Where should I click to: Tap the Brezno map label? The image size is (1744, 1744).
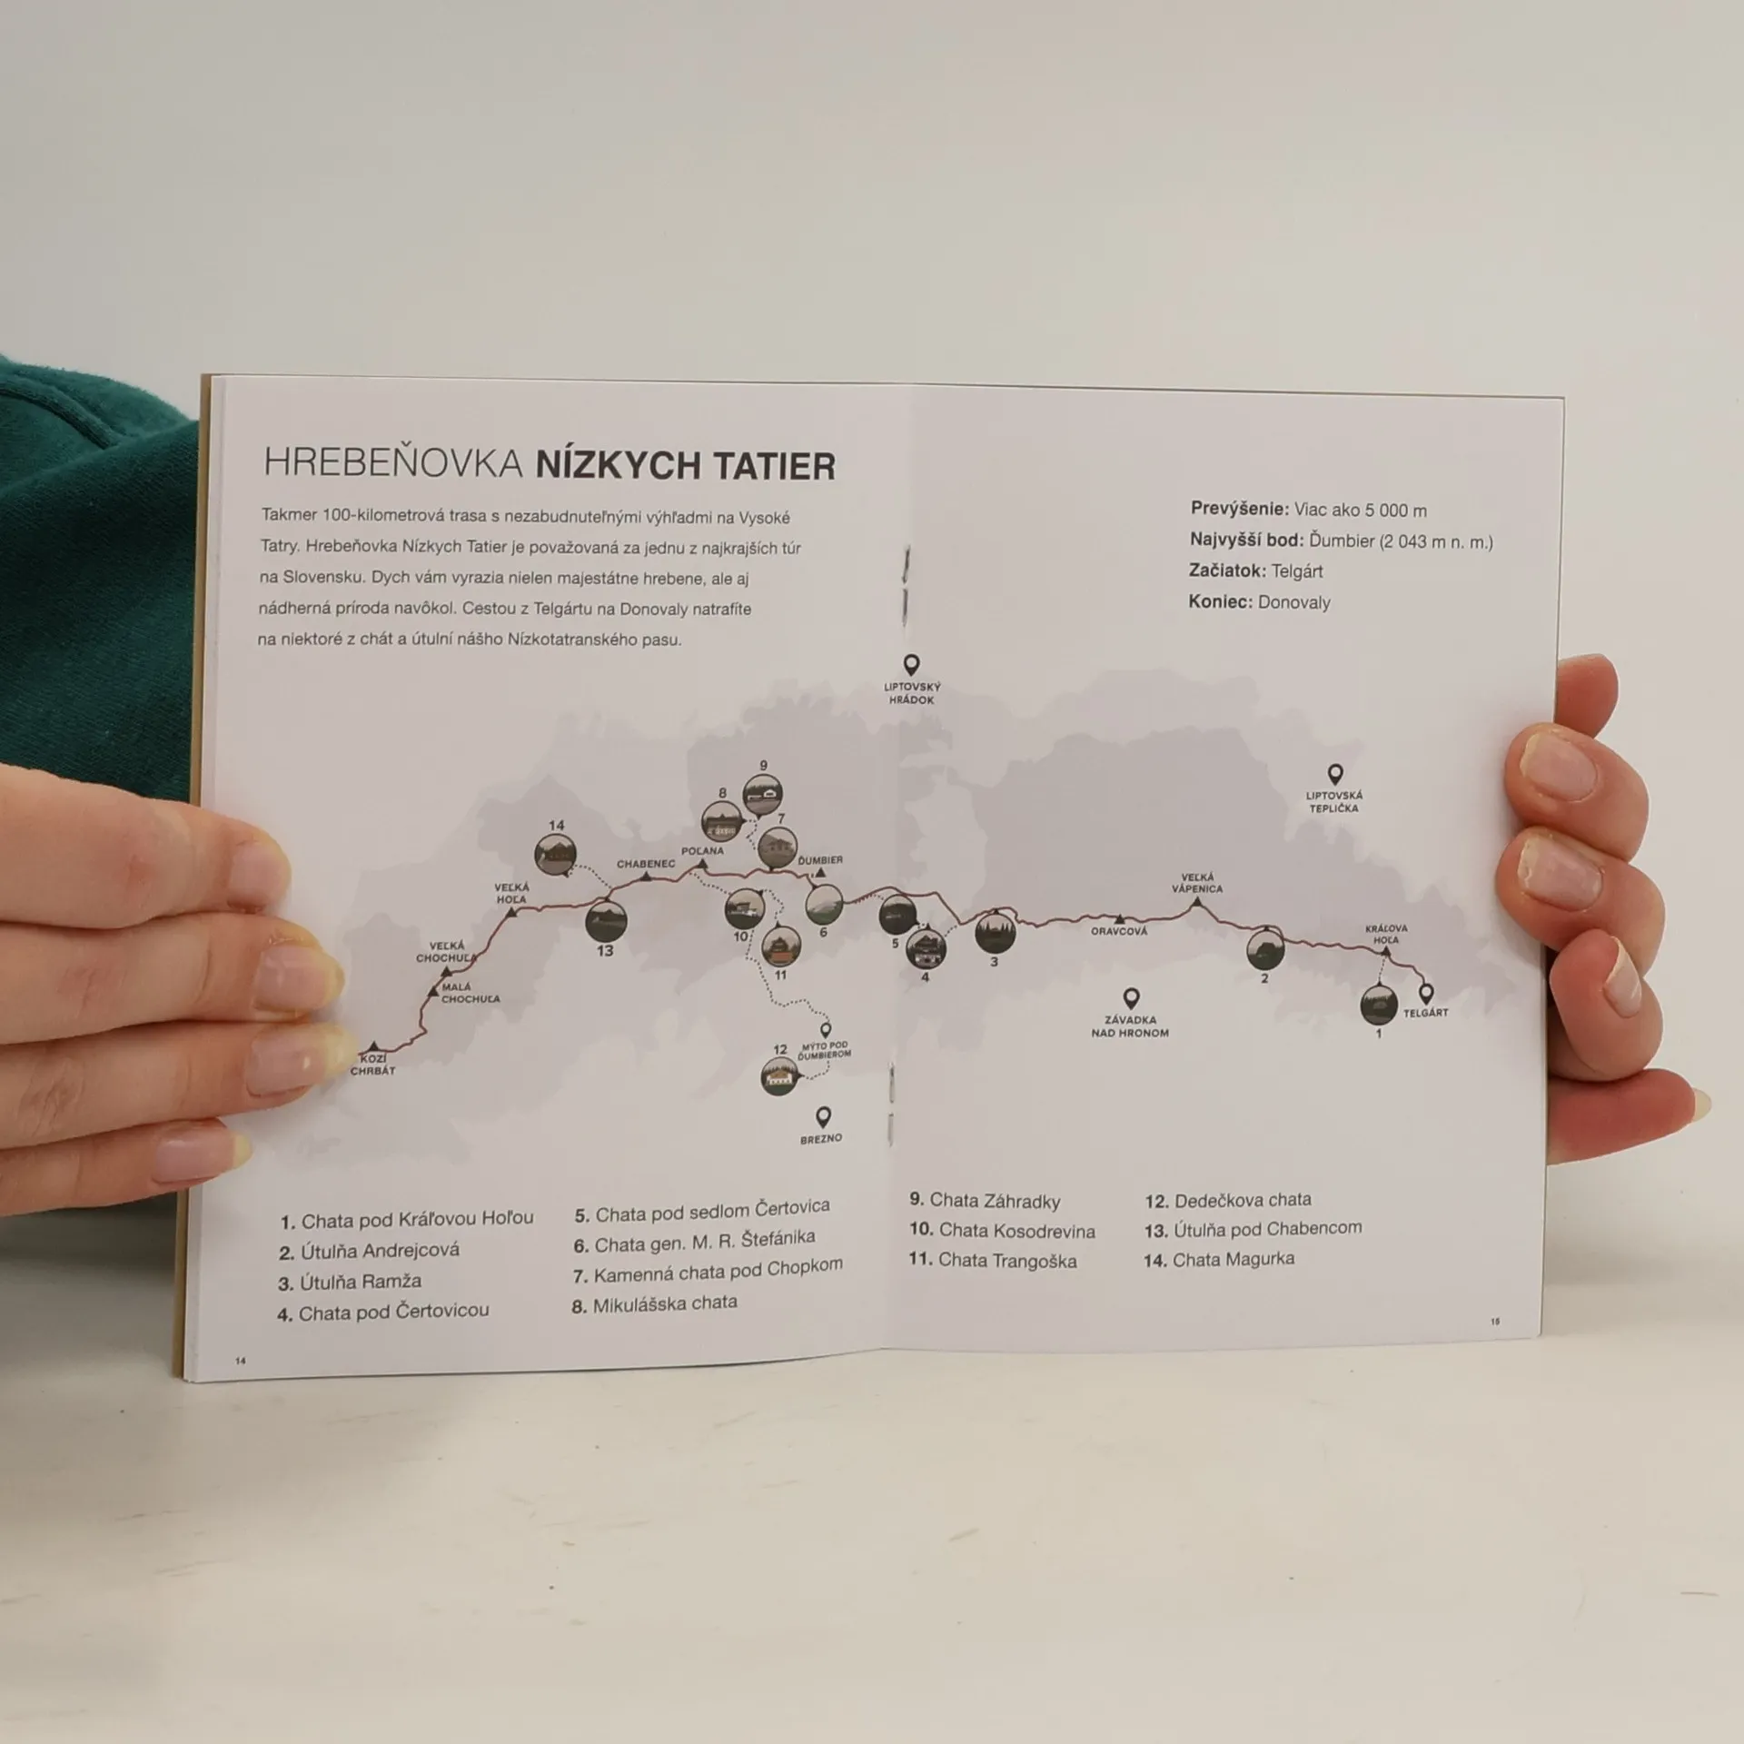821,1138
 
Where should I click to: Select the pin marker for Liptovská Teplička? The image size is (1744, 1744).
1334,775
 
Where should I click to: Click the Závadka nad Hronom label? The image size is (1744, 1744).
1130,1026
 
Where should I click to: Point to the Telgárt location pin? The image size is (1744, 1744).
1426,994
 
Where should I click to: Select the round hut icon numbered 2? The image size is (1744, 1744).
1265,949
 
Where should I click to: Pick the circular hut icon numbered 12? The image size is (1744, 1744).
780,1077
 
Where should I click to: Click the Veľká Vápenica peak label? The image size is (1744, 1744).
1196,883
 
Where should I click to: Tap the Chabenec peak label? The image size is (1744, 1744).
646,864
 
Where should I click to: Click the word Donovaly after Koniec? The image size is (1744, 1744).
1294,602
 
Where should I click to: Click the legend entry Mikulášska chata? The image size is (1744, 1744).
654,1304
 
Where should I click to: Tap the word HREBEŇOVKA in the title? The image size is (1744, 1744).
393,463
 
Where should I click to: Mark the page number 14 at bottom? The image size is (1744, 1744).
241,1361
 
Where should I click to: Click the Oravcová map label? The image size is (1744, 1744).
1119,931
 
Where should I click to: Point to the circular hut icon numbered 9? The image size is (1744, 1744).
763,797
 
